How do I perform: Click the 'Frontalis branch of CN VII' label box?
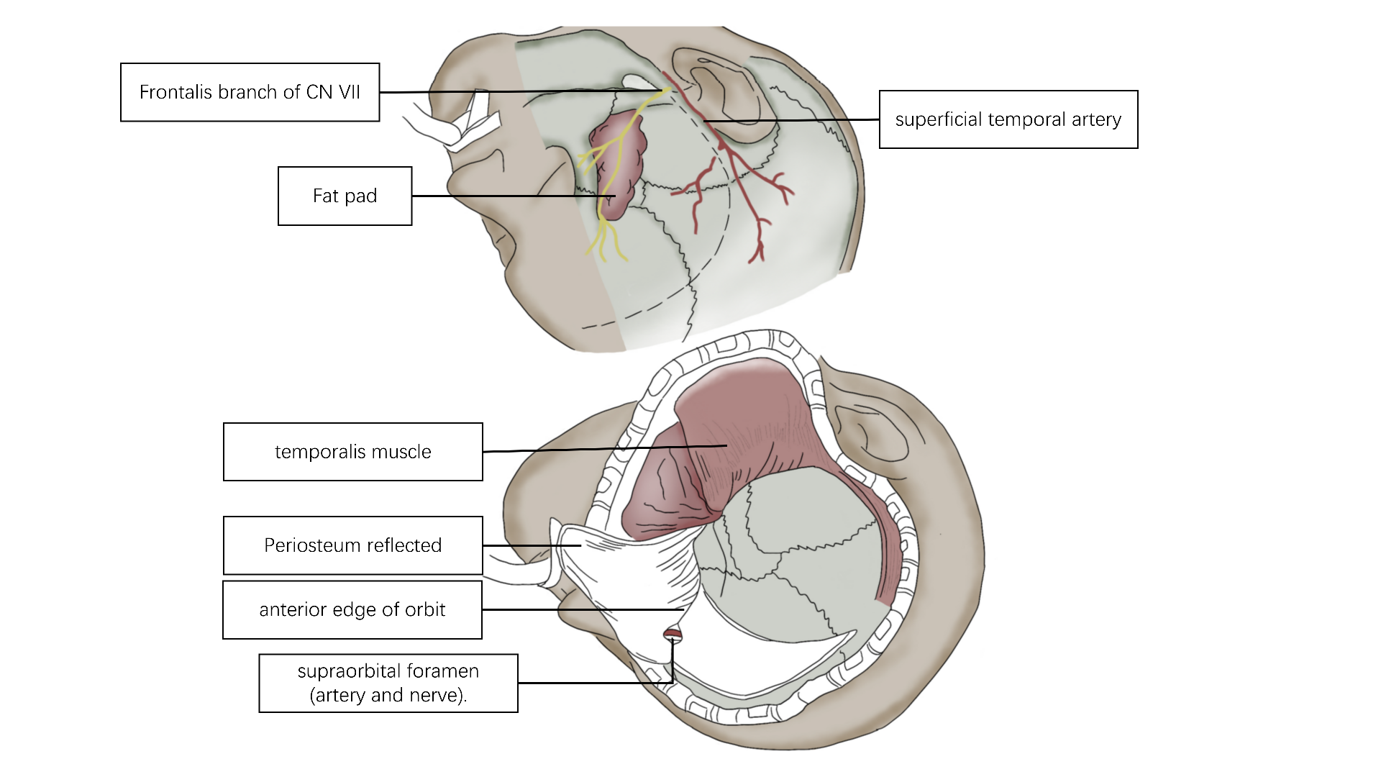(x=250, y=92)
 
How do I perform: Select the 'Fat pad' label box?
(x=345, y=196)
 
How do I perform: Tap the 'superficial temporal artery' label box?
(x=1008, y=119)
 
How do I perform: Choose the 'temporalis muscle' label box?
(x=352, y=452)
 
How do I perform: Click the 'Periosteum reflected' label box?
(x=352, y=545)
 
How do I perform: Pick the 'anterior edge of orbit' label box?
(x=352, y=610)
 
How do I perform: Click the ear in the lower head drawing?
(x=874, y=432)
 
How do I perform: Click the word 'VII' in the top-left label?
(x=350, y=92)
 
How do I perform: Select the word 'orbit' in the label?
(x=426, y=610)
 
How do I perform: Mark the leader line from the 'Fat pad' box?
(x=503, y=196)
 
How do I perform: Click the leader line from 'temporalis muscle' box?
(x=604, y=449)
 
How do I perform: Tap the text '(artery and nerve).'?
(x=388, y=696)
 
